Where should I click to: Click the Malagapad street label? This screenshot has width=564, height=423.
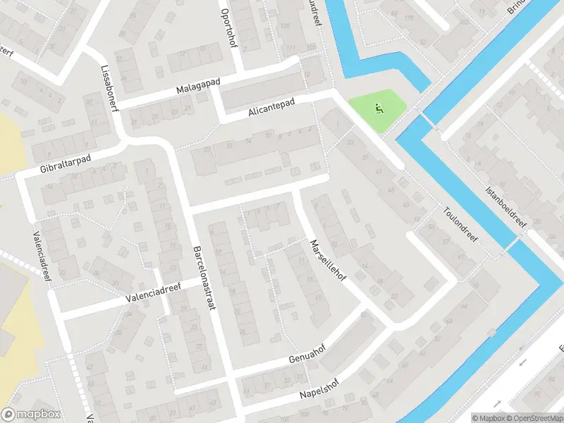pyautogui.click(x=199, y=89)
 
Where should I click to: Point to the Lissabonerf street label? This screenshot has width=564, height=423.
pyautogui.click(x=108, y=90)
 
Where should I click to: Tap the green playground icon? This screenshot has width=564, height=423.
pyautogui.click(x=380, y=109)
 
